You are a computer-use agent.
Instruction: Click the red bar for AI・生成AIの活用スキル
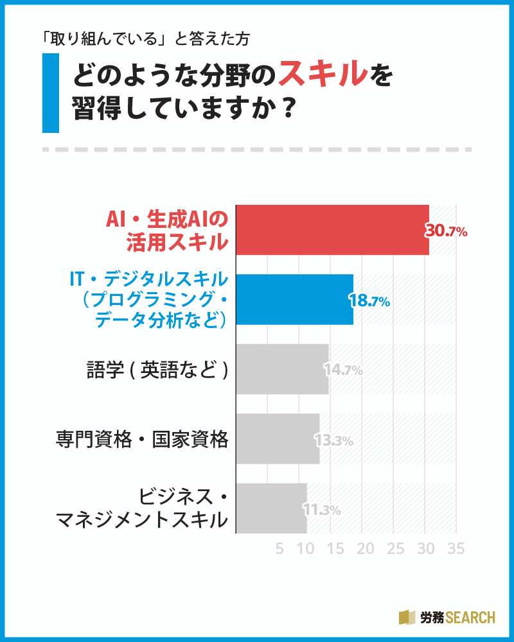tap(332, 230)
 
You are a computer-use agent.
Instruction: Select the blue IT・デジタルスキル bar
tap(295, 299)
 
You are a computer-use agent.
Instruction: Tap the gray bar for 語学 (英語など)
tap(283, 369)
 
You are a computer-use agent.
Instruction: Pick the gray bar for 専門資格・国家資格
tap(278, 438)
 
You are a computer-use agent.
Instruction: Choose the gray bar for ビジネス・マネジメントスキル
tap(272, 508)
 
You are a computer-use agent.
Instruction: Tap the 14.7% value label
tap(343, 370)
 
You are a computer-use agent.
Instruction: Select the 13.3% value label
tap(333, 440)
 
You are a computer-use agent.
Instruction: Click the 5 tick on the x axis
tap(279, 549)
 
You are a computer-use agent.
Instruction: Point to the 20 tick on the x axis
tap(366, 549)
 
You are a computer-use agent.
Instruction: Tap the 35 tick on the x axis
tap(456, 549)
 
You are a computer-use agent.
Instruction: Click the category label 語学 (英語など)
tap(157, 370)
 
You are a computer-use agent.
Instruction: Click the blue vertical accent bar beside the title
tap(50, 93)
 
